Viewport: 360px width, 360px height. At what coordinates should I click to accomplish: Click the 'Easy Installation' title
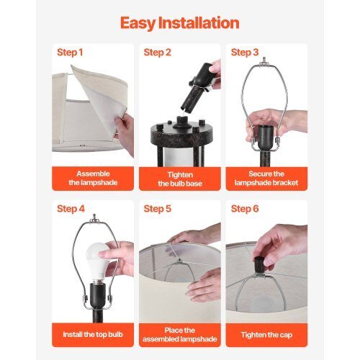180,24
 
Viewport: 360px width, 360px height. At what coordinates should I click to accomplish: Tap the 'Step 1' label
70,53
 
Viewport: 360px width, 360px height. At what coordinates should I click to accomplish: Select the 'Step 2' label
157,53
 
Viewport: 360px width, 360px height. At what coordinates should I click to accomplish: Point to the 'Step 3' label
245,53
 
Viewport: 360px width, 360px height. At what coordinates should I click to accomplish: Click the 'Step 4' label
71,209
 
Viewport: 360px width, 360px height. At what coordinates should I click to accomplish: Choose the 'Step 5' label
158,209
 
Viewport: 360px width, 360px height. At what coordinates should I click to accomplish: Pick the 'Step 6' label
245,209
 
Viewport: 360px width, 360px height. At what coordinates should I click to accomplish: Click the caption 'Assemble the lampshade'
93,178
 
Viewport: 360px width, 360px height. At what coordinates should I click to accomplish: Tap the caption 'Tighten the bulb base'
180,179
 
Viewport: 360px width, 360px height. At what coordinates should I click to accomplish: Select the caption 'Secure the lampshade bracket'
266,178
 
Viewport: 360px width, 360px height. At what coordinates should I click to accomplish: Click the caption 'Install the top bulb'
93,334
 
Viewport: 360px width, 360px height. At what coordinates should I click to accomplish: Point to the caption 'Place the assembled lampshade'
180,335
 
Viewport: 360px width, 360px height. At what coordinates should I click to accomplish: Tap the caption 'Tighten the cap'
266,335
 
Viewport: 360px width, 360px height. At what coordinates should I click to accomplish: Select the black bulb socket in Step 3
267,138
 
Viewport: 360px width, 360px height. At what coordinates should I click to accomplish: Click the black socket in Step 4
98,296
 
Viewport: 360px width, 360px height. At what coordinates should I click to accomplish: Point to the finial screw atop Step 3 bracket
264,60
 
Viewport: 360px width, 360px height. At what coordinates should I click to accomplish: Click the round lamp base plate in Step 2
181,132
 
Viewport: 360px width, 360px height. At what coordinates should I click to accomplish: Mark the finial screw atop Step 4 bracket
94,218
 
